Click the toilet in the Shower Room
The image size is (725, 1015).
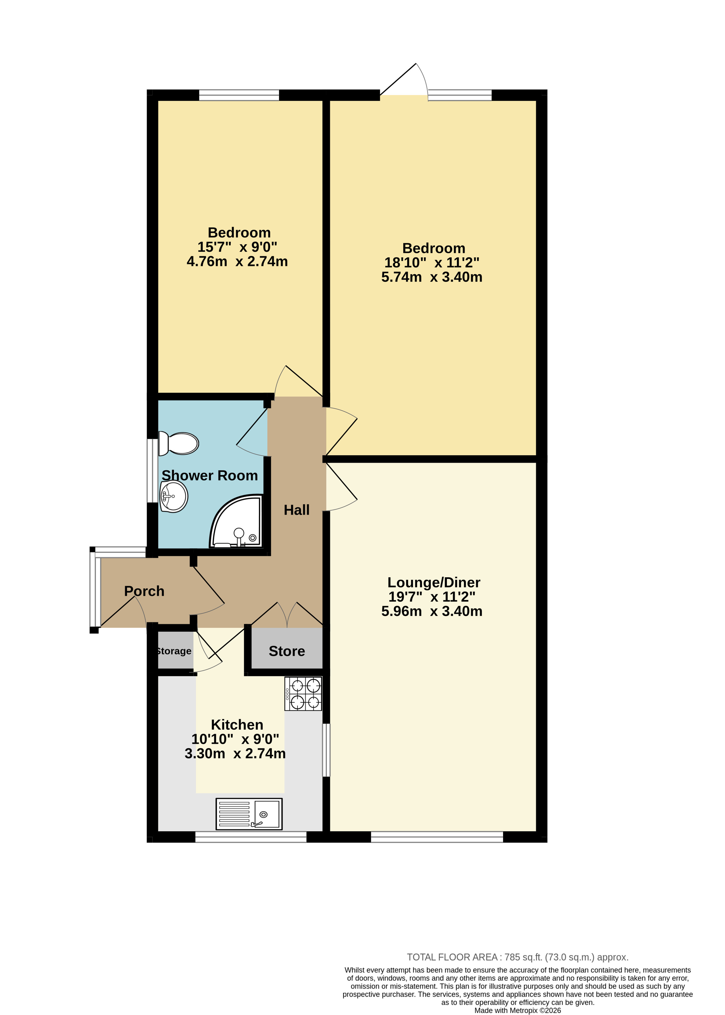178,443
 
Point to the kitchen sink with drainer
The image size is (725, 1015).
249,814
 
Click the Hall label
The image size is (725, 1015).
297,510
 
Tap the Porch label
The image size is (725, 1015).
144,591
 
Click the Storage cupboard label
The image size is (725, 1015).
175,651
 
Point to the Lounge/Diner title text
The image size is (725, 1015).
434,582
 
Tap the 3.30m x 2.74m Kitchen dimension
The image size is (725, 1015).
235,753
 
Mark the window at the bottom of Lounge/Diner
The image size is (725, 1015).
437,837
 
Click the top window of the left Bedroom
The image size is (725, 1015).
239,95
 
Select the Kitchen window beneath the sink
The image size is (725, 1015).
251,837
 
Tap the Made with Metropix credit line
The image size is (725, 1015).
517,1010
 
